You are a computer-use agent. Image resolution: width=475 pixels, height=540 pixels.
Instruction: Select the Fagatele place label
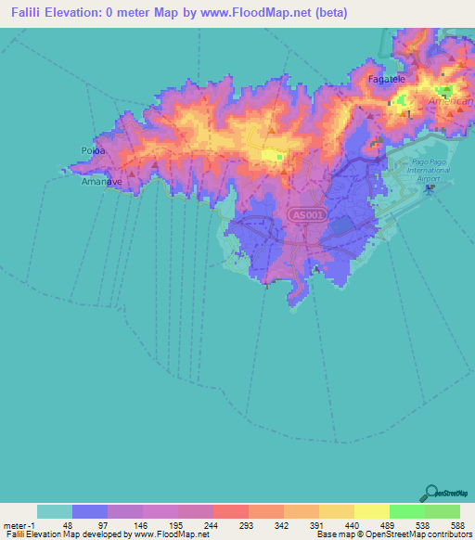tap(388, 81)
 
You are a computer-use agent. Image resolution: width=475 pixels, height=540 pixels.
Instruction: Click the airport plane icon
tap(430, 188)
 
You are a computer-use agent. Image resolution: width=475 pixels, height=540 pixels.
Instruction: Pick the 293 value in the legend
tap(230, 524)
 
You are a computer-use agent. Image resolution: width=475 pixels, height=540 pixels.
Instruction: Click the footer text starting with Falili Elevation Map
tap(84, 534)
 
